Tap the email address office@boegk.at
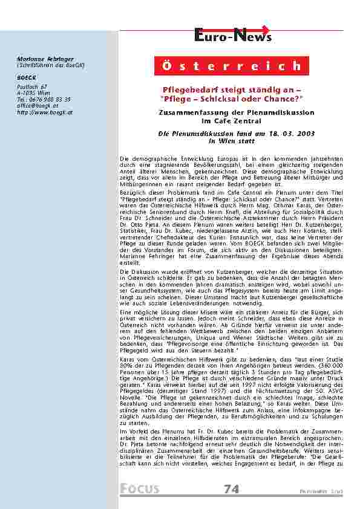pyautogui.click(x=38, y=106)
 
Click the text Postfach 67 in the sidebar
pyautogui.click(x=31, y=87)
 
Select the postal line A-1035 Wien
pyautogui.click(x=34, y=93)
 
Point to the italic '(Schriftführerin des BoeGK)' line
pyautogui.click(x=47, y=64)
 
